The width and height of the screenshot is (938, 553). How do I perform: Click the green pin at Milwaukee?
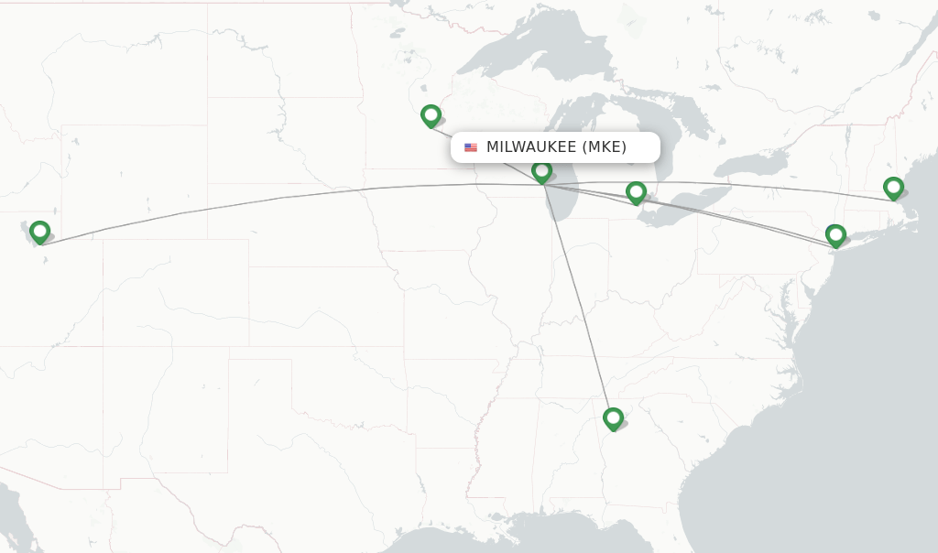pos(541,171)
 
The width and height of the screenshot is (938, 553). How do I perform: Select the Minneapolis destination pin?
pos(431,115)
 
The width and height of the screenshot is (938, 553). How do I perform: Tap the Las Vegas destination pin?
pos(39,232)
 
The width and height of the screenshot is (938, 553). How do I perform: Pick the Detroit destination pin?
pos(636,192)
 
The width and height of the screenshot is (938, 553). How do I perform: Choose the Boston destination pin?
pos(893,189)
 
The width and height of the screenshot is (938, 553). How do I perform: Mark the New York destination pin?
pos(835,235)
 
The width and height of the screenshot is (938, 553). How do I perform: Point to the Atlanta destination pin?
pos(613,418)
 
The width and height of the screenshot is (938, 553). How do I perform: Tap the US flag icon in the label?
pos(471,147)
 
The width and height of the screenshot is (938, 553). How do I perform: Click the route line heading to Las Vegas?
pos(275,199)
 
